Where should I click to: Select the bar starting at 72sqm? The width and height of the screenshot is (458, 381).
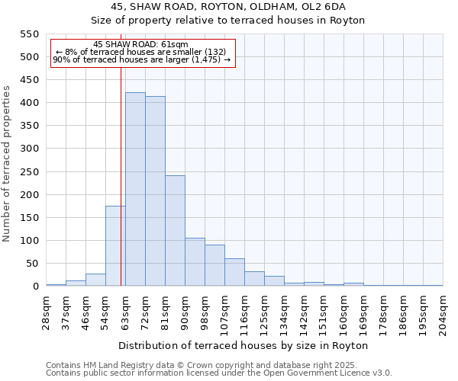click(x=155, y=191)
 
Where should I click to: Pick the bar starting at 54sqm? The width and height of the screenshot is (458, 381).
click(x=115, y=246)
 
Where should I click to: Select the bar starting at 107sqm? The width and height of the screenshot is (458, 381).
click(x=234, y=272)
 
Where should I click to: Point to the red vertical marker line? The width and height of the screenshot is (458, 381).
click(x=121, y=175)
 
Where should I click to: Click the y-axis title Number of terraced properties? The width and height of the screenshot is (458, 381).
click(x=7, y=164)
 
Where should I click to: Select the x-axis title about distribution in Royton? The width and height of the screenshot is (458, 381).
click(x=244, y=345)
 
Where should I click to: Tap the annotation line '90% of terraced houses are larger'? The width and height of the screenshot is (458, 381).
click(x=141, y=60)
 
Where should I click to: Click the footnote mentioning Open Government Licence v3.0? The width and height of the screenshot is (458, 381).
click(x=219, y=373)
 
